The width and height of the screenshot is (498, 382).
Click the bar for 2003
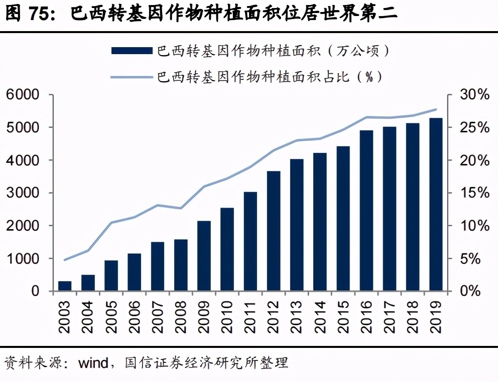[65, 286]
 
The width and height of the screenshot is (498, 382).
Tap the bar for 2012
[274, 231]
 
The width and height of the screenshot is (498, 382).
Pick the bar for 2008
[181, 265]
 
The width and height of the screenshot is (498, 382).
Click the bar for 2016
[366, 211]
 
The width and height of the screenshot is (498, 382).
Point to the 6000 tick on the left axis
[22, 95]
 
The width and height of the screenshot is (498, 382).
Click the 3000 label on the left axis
[22, 193]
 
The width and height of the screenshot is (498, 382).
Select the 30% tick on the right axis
[474, 95]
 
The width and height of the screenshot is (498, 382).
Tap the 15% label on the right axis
[474, 193]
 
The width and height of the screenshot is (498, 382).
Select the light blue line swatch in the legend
[131, 77]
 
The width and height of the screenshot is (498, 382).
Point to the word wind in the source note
[93, 362]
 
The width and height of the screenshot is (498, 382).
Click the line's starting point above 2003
[65, 260]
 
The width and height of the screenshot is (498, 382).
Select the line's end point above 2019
[436, 109]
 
